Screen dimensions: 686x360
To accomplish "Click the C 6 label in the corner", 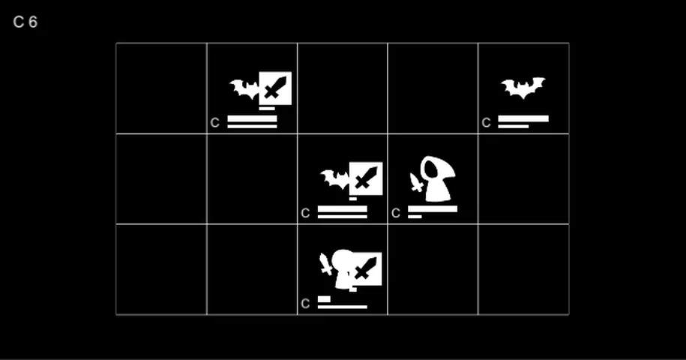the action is click(x=25, y=22).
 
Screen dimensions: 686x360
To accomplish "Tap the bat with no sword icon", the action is click(x=523, y=88).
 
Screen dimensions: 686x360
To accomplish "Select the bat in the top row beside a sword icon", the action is click(x=244, y=88).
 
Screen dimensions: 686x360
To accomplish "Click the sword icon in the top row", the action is click(x=275, y=88).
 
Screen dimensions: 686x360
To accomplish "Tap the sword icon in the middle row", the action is click(x=366, y=178).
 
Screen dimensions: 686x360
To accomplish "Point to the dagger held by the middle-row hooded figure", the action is click(x=416, y=182).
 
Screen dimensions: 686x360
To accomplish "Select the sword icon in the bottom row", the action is click(x=367, y=268).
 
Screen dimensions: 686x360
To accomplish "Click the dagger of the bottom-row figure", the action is click(x=325, y=264).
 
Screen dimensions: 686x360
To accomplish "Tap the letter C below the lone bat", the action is click(x=486, y=123).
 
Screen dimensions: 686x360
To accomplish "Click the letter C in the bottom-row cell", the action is click(x=305, y=304).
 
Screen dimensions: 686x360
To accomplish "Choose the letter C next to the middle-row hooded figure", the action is click(x=396, y=213).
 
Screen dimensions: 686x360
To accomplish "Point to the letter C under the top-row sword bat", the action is click(x=215, y=123).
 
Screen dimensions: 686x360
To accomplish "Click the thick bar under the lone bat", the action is click(x=523, y=118).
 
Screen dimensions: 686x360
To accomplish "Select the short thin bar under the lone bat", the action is click(x=513, y=127).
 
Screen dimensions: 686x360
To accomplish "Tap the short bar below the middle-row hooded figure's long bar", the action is click(x=415, y=217).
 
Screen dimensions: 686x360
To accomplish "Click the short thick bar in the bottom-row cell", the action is click(x=324, y=299).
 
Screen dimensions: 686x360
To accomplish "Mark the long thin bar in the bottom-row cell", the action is click(x=343, y=307).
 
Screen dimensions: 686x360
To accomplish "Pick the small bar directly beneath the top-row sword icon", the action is click(x=267, y=109).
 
